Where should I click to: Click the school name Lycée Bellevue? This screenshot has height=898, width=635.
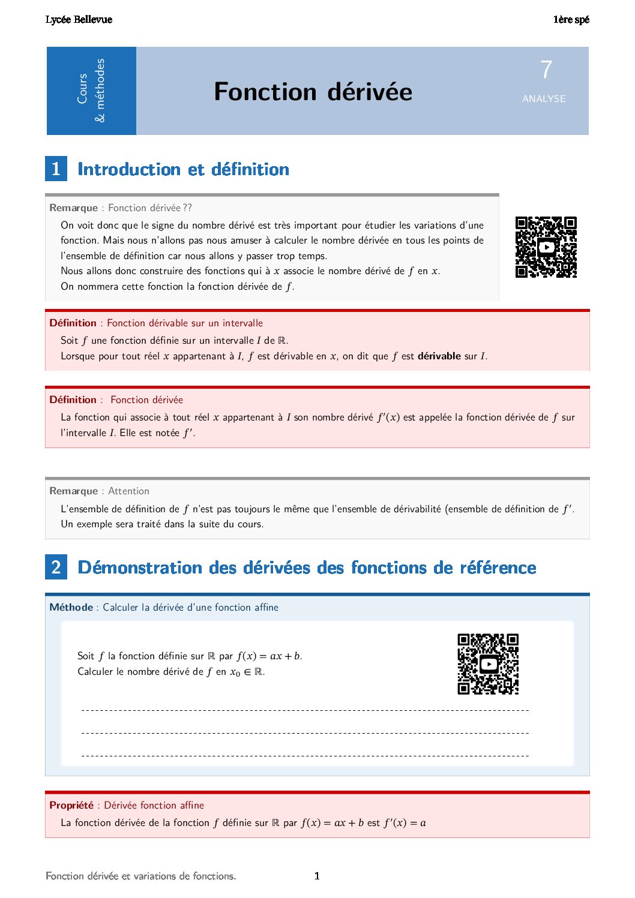tap(79, 20)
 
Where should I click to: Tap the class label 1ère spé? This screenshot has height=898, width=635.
tap(571, 20)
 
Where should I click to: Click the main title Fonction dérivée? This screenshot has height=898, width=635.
tap(313, 92)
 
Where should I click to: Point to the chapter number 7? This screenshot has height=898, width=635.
tap(546, 70)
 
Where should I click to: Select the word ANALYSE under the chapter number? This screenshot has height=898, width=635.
tap(544, 99)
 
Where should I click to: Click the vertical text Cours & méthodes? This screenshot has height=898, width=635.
tap(91, 91)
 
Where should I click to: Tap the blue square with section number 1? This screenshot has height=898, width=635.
tap(56, 169)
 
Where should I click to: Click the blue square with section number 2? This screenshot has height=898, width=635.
tap(56, 567)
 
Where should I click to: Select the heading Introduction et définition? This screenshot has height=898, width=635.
tap(183, 169)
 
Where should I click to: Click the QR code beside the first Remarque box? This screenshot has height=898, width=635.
tap(546, 247)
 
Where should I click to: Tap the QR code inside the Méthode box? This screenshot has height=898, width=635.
tap(488, 664)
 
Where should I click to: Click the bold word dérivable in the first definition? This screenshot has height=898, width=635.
tap(439, 356)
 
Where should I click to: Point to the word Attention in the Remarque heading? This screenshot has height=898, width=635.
tap(128, 491)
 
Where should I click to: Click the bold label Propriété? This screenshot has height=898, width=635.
tap(71, 806)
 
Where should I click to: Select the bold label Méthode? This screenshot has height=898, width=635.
tap(71, 608)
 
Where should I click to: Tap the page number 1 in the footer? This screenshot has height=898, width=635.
tap(317, 876)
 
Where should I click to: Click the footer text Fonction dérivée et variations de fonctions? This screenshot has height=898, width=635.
tap(141, 876)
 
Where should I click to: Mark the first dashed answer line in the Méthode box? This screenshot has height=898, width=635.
tap(305, 710)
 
